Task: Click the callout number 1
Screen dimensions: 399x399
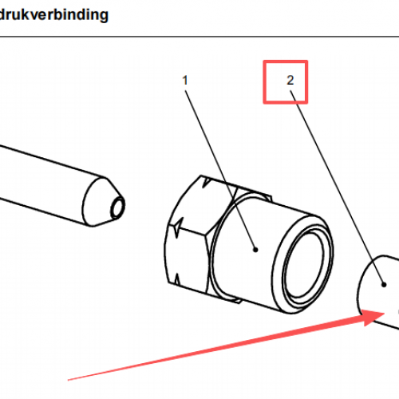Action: click(185, 81)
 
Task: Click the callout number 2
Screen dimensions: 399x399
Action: click(290, 81)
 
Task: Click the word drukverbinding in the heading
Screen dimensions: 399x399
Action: click(54, 14)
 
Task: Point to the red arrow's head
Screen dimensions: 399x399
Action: click(373, 317)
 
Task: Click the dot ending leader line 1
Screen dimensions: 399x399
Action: click(255, 250)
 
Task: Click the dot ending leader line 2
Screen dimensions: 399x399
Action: click(384, 285)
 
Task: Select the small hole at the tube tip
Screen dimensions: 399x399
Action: click(117, 207)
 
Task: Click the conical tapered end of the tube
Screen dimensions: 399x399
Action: click(102, 202)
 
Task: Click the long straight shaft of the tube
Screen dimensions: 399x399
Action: click(45, 181)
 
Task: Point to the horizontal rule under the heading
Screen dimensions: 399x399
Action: click(199, 37)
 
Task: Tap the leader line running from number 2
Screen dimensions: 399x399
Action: click(337, 188)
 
